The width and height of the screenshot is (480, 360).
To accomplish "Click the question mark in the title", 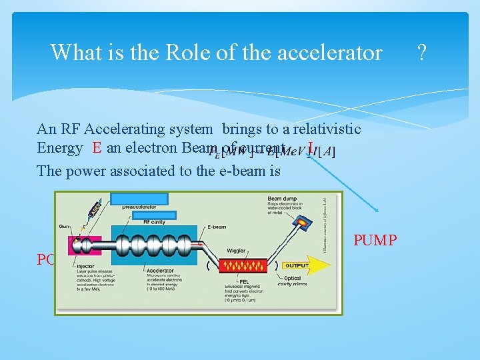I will tap(421, 51).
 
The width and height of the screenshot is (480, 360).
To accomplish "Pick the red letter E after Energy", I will tap(97, 148).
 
